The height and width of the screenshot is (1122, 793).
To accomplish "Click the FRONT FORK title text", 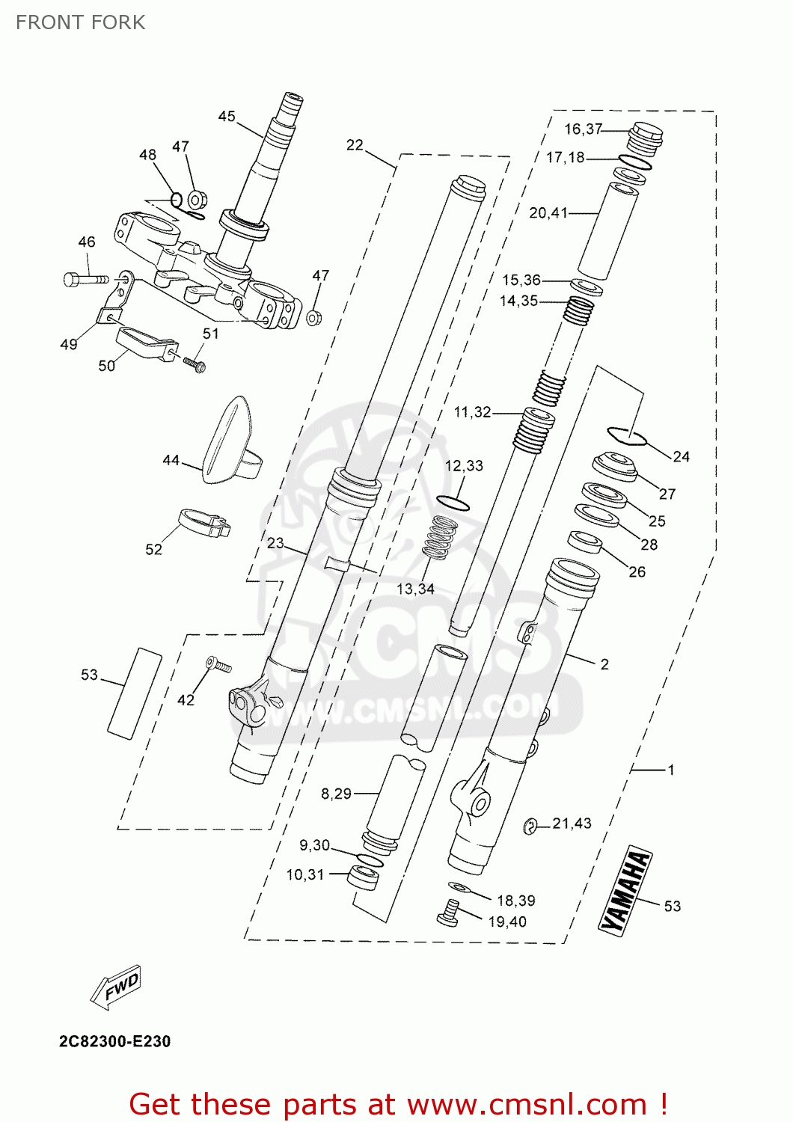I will click(80, 22).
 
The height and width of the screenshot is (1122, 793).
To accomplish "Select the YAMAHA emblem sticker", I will click(625, 891).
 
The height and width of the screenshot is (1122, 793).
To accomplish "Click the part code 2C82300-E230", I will click(114, 1041).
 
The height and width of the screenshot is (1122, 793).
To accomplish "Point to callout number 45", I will click(227, 116).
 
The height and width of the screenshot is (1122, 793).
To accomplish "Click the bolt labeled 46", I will click(85, 279).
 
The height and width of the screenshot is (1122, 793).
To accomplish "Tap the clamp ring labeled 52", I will click(203, 522).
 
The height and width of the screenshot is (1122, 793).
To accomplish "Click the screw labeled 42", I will click(218, 664).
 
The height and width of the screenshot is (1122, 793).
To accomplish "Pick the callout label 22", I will click(355, 144).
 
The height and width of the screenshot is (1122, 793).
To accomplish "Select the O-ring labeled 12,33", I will click(453, 502).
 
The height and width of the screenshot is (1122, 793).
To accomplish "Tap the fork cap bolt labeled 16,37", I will click(645, 138).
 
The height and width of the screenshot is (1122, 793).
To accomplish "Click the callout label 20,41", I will click(548, 213).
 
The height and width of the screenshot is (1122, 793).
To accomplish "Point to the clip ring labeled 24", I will click(627, 435).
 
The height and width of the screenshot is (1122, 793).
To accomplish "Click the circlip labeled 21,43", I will click(530, 825).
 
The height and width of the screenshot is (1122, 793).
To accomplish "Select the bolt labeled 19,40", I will click(448, 913).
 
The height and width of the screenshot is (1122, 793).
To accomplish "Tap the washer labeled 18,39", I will click(459, 887).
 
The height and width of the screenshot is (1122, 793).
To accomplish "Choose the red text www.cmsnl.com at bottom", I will click(526, 1105).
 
